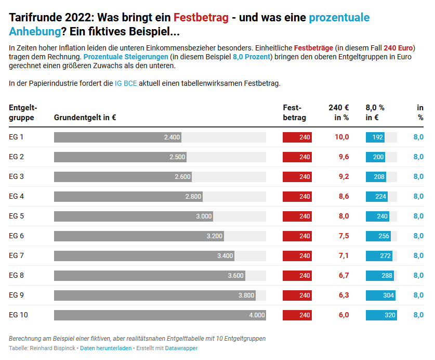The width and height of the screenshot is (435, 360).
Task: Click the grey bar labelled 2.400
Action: (x=117, y=137)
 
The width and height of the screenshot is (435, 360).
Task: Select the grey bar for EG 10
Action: (x=160, y=315)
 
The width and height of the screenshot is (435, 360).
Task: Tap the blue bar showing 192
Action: (x=375, y=137)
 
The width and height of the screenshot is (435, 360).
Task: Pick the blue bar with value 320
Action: (x=381, y=315)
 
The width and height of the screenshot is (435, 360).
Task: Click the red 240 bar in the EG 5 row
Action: (x=297, y=216)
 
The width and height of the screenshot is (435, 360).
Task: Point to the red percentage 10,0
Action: (x=341, y=137)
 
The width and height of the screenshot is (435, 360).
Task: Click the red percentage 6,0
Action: (x=344, y=315)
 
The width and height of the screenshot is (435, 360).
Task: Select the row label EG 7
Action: (x=17, y=256)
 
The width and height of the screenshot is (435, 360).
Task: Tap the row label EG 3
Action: (x=17, y=177)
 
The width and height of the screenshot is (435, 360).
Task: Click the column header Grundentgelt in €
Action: (x=85, y=118)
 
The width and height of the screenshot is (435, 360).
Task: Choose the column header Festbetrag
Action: (x=294, y=112)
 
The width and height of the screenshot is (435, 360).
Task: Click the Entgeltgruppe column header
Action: (x=23, y=112)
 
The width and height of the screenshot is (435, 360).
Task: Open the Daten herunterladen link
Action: (x=106, y=348)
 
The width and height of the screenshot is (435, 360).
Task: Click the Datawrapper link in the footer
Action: (x=181, y=348)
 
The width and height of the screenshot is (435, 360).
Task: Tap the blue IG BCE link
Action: (x=126, y=83)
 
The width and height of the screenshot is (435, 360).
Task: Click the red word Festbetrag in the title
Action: (x=201, y=17)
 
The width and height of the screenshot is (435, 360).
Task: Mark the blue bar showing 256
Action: (x=378, y=236)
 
